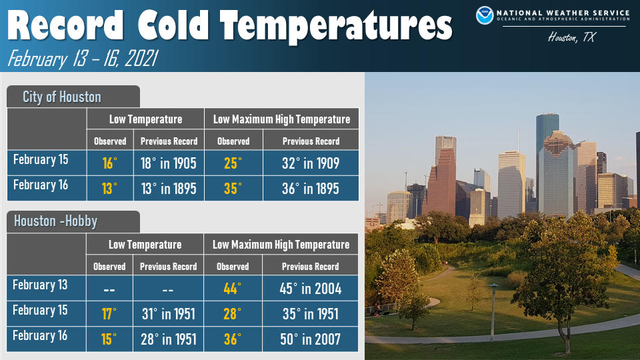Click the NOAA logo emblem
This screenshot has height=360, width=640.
(485, 15)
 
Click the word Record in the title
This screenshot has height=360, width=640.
(66, 25)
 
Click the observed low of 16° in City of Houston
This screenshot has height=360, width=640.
(109, 163)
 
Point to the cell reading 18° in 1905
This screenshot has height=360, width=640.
(169, 163)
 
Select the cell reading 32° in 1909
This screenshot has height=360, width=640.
(311, 163)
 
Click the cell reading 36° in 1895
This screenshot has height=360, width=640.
(311, 189)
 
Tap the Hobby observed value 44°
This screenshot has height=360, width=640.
(232, 289)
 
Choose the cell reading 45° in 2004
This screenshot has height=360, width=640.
(310, 289)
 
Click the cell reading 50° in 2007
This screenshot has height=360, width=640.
(310, 339)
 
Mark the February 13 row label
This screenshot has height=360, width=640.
(40, 285)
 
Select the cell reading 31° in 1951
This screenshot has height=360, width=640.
(169, 314)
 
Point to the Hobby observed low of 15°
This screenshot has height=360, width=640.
(109, 339)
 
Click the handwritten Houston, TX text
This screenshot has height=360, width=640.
(571, 38)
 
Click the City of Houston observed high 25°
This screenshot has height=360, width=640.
(233, 163)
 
